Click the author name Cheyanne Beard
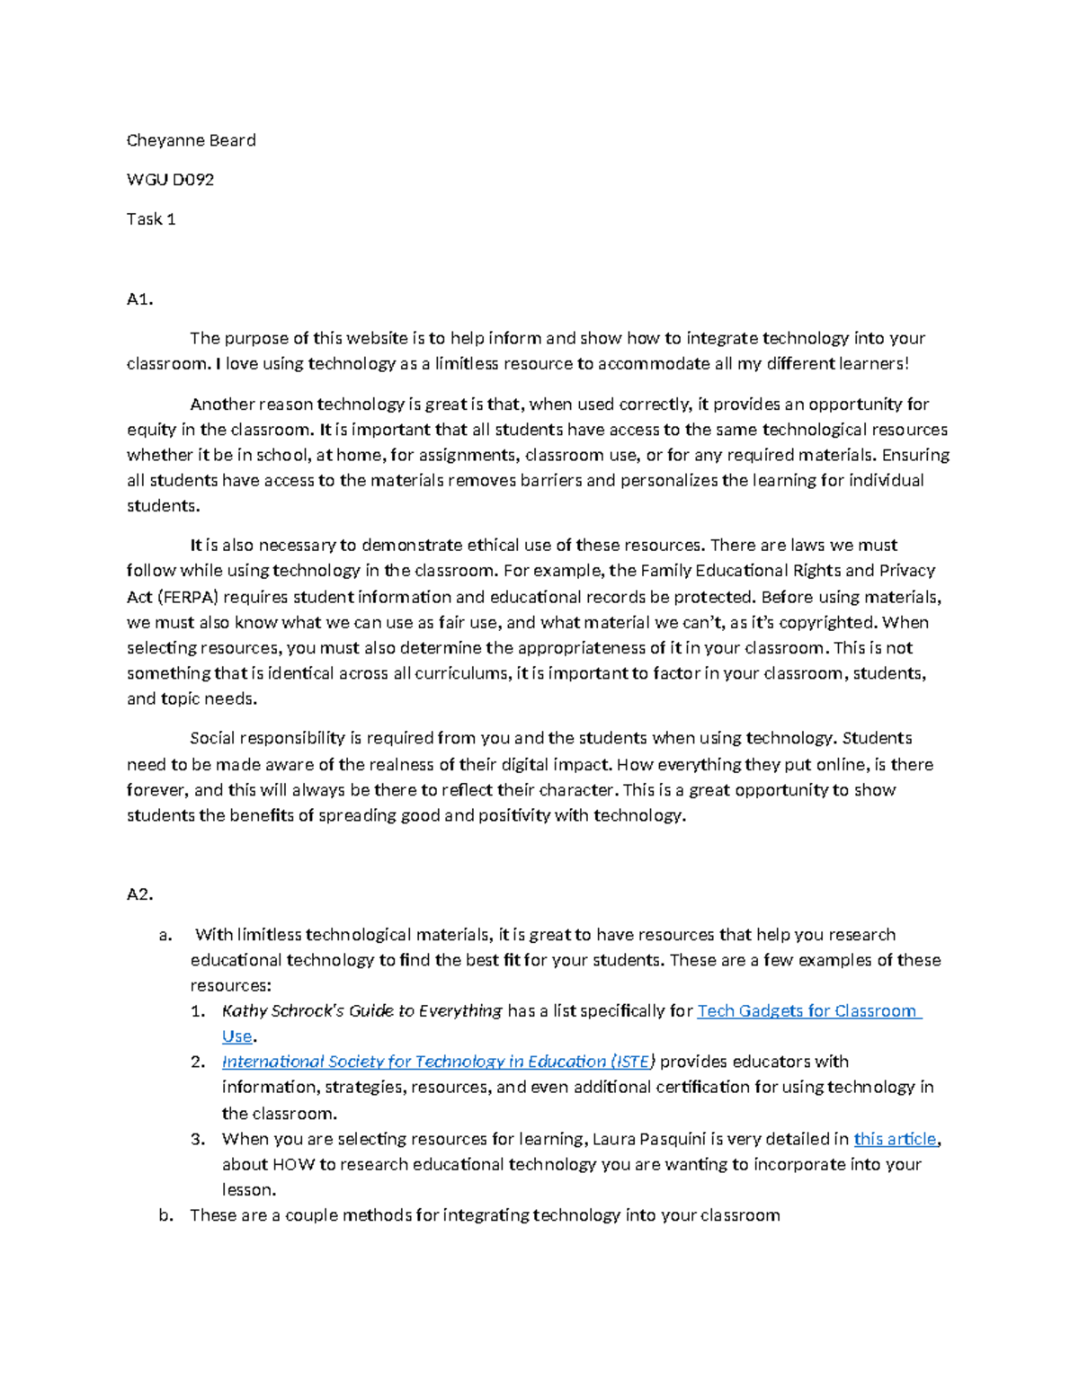(x=191, y=140)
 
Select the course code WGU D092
(x=170, y=180)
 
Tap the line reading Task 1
(x=150, y=219)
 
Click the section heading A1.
(x=139, y=299)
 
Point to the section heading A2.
(x=139, y=894)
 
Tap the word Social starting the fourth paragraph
(x=215, y=738)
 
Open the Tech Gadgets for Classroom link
(x=807, y=1011)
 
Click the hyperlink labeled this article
(x=895, y=1139)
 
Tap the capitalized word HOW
(x=293, y=1164)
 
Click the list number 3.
(x=198, y=1139)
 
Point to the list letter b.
(x=165, y=1215)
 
